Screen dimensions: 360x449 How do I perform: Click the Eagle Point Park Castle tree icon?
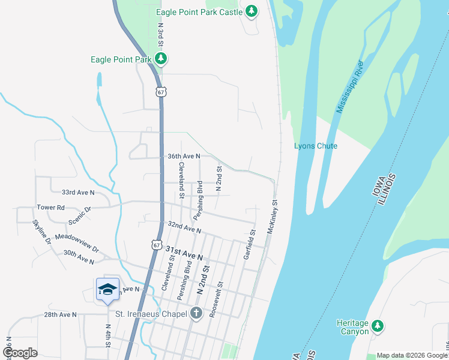[x=252, y=11]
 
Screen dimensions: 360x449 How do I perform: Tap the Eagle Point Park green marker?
[x=160, y=59]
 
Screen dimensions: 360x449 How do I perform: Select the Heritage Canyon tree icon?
[x=377, y=326]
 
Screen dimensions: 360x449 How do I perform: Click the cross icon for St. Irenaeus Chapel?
[x=195, y=313]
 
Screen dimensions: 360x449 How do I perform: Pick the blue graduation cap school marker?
[x=107, y=289]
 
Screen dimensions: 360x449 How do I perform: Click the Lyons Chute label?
[x=316, y=146]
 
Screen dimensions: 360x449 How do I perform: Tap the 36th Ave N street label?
[x=183, y=156]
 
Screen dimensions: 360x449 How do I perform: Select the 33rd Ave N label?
[x=78, y=193]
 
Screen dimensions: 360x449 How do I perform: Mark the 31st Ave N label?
[x=184, y=253]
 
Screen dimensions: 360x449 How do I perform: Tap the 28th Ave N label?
[x=60, y=314]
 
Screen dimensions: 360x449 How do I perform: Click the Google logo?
[x=20, y=353]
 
